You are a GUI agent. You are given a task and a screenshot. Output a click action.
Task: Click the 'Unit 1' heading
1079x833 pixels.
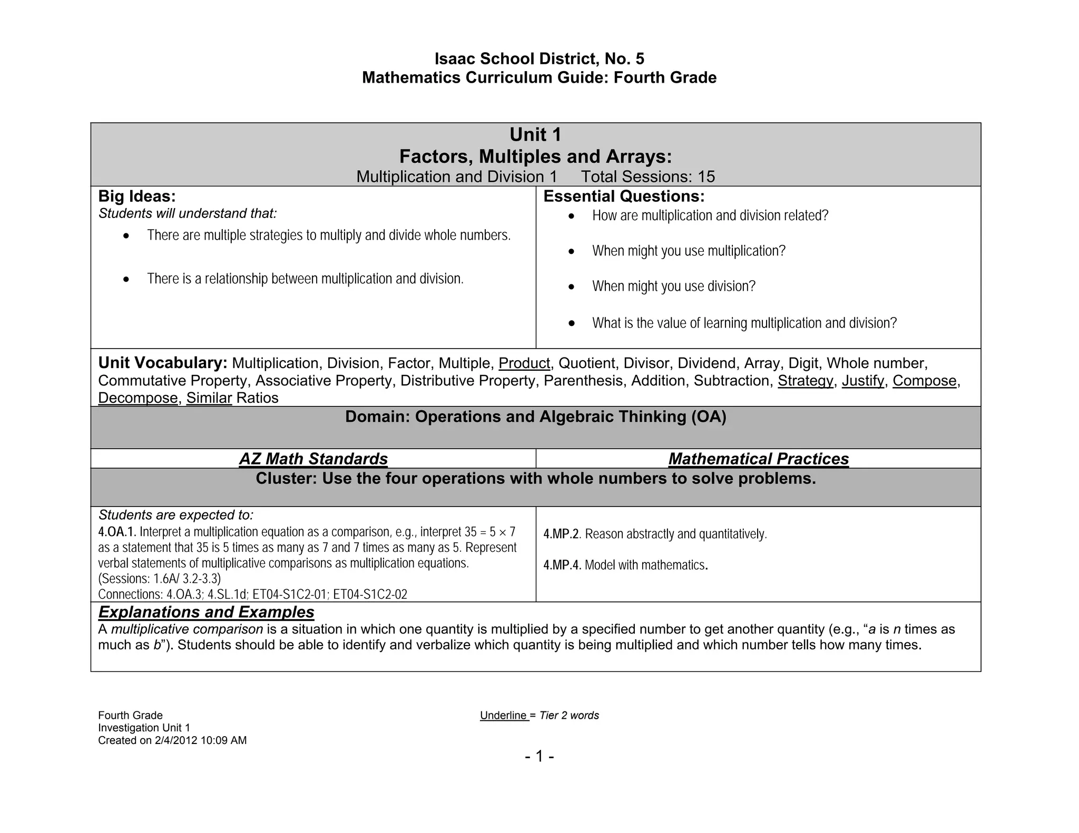tap(535, 135)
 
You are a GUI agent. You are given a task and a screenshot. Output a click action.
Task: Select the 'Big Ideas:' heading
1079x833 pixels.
tap(137, 196)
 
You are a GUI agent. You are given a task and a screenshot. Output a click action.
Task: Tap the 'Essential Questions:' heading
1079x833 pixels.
tap(624, 196)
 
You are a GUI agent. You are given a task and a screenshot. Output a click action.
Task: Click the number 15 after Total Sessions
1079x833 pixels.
tap(706, 177)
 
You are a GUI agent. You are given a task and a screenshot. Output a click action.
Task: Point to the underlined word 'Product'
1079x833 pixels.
tap(524, 363)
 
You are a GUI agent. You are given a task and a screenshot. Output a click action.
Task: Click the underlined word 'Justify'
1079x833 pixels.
tap(862, 381)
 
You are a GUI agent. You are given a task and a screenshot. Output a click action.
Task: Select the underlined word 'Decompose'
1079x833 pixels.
tap(138, 398)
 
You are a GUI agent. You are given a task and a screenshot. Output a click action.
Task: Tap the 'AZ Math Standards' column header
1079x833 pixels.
tap(313, 459)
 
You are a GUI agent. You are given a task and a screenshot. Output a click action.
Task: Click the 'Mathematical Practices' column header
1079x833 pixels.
tap(758, 459)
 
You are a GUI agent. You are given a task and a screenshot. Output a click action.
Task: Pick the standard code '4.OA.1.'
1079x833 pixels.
tap(117, 532)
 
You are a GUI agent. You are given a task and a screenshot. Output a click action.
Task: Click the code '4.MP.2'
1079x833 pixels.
tap(561, 534)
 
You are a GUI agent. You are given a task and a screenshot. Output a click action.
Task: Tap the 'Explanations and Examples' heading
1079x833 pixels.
tap(206, 612)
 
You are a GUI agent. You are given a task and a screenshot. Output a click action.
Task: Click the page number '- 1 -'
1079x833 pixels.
tap(539, 757)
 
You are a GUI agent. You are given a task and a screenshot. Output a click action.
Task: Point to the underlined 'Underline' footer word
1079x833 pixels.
tap(504, 716)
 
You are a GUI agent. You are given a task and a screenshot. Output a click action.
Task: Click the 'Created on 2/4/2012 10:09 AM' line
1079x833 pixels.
tap(172, 740)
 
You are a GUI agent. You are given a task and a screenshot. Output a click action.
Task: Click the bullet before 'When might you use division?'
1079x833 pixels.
tap(572, 287)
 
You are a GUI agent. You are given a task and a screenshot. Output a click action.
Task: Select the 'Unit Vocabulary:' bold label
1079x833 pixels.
tap(162, 363)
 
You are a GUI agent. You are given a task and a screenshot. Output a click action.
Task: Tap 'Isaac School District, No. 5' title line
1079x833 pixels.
tap(539, 58)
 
